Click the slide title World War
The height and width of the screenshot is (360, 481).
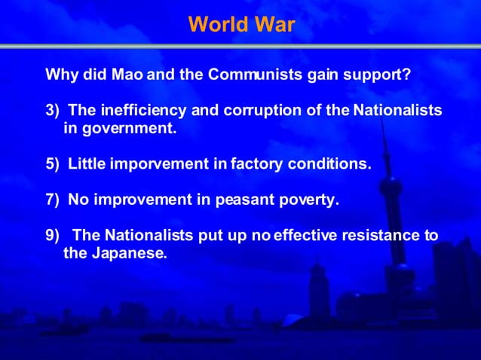pyautogui.click(x=241, y=25)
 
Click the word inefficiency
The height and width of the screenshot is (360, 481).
pyautogui.click(x=139, y=111)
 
